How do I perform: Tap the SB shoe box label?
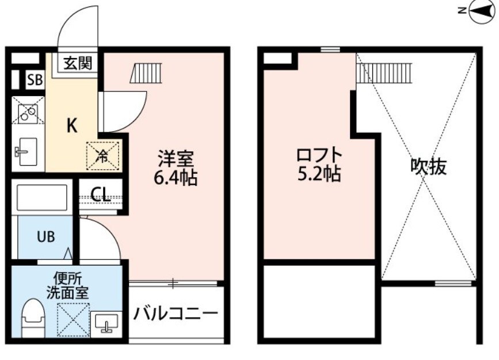click(x=35, y=81)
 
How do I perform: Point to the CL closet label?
click(x=100, y=195)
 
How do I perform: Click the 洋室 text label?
click(x=176, y=158)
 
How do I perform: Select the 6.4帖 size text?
click(x=176, y=178)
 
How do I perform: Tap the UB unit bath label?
click(x=46, y=237)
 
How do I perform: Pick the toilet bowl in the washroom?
click(x=34, y=319)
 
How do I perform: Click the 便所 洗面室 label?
click(x=68, y=284)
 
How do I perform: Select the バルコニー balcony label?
click(x=176, y=314)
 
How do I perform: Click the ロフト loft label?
click(x=319, y=155)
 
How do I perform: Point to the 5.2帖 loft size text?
click(x=319, y=174)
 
